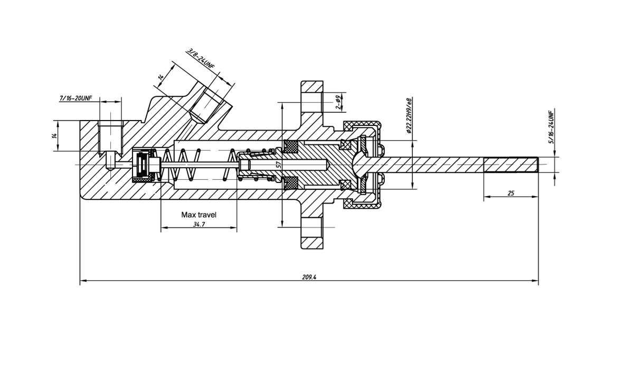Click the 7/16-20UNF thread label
75,98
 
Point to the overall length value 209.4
309,277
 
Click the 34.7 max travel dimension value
199,224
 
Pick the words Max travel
198,215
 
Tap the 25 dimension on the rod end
510,193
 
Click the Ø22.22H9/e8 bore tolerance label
410,115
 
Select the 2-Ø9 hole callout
339,102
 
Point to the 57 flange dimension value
278,164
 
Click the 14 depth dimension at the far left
54,136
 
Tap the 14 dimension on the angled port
161,77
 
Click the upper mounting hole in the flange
312,102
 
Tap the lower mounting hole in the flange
312,227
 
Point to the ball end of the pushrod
360,164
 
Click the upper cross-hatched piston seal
291,146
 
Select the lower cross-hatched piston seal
291,183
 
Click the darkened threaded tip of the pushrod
510,164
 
